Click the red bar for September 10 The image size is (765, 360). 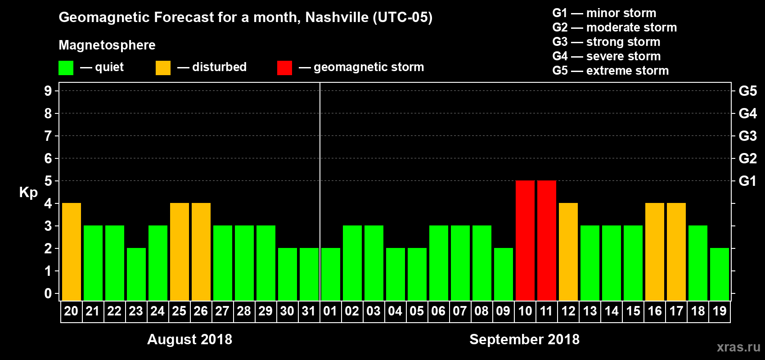click(x=525, y=240)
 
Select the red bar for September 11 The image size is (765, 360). click(x=547, y=240)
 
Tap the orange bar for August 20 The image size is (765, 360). click(x=72, y=252)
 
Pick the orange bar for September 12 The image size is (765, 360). click(x=568, y=252)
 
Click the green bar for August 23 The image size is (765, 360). click(x=136, y=274)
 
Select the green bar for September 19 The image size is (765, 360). click(x=720, y=274)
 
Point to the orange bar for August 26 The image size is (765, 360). click(x=201, y=252)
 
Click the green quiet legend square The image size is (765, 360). click(x=66, y=68)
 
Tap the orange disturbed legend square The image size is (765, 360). click(x=163, y=68)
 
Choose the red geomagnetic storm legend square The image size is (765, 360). click(x=284, y=68)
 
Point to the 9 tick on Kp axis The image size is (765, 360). click(x=48, y=91)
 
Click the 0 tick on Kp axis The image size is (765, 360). click(x=48, y=293)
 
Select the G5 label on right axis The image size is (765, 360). click(x=747, y=91)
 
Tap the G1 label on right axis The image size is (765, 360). click(x=747, y=181)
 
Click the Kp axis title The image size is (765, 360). click(x=28, y=193)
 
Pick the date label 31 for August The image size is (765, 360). click(x=309, y=311)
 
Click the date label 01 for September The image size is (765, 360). click(x=330, y=311)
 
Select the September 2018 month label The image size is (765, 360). click(x=524, y=339)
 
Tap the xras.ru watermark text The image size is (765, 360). click(x=738, y=346)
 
